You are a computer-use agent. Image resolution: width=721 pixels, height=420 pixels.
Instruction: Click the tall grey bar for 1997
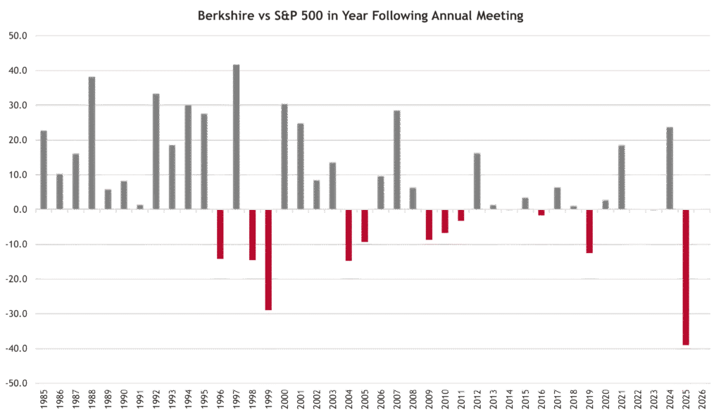point(237,137)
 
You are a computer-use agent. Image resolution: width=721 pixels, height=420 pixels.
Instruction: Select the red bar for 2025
point(686,278)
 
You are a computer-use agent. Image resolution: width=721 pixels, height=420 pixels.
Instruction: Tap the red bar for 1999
point(268,260)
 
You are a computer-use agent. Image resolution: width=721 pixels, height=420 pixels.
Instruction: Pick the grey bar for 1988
point(92,143)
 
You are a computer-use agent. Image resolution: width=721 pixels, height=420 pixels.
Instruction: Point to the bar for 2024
point(670,168)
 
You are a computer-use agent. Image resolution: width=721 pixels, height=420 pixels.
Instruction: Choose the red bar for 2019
point(589,231)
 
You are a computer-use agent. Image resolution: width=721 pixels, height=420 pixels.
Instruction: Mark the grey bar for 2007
point(397,160)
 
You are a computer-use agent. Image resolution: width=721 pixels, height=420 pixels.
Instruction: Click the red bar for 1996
point(220,234)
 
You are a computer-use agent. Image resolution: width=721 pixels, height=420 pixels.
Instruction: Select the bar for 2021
point(622,177)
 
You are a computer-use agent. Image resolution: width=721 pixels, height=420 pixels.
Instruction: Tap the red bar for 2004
point(349,235)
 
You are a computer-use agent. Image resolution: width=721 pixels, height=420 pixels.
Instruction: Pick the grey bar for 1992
point(156,152)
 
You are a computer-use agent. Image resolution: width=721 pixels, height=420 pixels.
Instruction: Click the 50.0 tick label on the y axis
point(18,36)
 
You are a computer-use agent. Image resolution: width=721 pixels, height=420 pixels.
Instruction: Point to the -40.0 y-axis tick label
point(16,349)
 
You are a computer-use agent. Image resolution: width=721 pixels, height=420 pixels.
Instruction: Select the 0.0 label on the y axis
point(20,210)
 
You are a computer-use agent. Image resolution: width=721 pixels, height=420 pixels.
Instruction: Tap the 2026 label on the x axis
point(702,400)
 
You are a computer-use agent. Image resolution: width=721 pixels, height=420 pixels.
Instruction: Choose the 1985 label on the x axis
point(44,400)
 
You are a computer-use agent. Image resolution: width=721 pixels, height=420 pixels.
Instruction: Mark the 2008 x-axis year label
point(413,400)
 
